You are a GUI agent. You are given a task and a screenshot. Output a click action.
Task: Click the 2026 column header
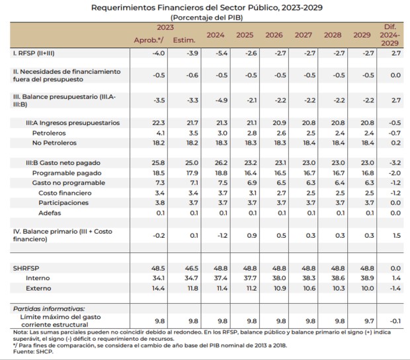(x=274, y=35)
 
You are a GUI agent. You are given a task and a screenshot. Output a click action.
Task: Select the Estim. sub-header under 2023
(x=184, y=40)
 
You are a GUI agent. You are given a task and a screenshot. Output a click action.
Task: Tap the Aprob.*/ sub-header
(x=149, y=40)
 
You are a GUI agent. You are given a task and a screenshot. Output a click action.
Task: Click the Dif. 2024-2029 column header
(x=390, y=35)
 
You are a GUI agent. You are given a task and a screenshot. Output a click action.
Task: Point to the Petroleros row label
(x=49, y=133)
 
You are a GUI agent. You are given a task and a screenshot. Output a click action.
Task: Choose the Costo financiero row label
(x=65, y=193)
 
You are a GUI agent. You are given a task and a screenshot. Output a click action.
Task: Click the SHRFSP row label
(x=26, y=268)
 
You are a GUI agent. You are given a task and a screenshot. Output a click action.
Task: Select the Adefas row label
(x=50, y=213)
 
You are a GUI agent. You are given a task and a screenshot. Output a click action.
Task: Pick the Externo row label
(x=38, y=289)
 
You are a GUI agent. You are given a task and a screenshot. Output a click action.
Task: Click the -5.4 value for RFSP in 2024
(x=222, y=54)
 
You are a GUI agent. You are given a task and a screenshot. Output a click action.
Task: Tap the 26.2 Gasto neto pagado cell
(x=222, y=162)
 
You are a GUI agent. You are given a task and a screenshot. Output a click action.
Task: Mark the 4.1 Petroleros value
(x=160, y=133)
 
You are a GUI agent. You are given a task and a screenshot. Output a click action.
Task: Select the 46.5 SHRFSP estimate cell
(x=192, y=268)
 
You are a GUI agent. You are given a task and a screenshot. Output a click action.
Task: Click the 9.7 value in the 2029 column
(x=369, y=321)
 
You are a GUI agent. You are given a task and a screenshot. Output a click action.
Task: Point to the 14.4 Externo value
(x=159, y=289)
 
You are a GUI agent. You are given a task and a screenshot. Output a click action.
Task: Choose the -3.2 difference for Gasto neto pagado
(x=395, y=162)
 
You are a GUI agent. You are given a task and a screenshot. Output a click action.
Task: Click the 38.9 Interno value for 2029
(x=368, y=278)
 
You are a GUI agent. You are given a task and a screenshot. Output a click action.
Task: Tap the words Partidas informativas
(x=49, y=308)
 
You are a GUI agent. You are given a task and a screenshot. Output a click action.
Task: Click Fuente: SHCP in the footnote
(x=33, y=351)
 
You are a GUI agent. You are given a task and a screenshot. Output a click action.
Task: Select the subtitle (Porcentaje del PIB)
(x=206, y=17)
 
